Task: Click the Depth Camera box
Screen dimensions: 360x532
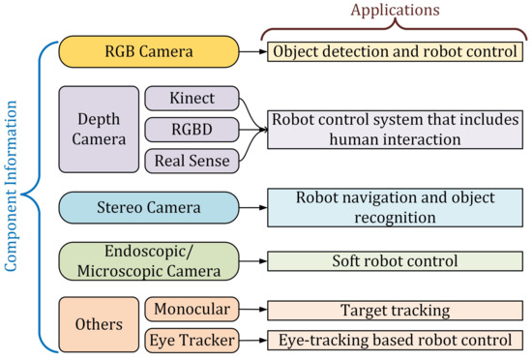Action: pos(100,130)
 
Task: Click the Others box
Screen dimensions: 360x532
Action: pos(100,323)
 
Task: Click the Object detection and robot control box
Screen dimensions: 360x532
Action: pos(394,50)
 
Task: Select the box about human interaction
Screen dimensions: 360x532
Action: pos(394,130)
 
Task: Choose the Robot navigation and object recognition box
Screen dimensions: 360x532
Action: pos(394,207)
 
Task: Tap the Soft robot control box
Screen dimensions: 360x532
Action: pos(394,261)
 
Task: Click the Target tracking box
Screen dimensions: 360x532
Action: pos(394,310)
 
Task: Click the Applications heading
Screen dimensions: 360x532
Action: pos(394,11)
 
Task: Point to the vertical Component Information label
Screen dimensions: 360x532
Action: pos(12,193)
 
